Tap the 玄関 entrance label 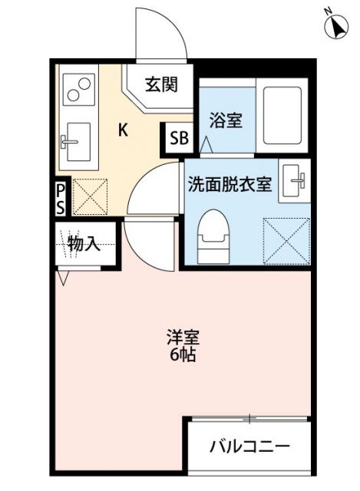(x=160, y=84)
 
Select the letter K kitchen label (x=122, y=130)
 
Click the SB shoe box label (x=179, y=139)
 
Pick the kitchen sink (x=75, y=142)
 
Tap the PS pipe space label (x=60, y=199)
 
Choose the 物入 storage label (x=84, y=245)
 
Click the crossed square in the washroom (x=284, y=238)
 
